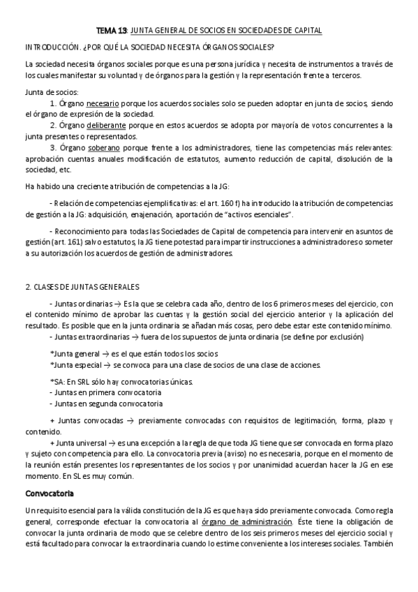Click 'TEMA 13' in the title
(110, 31)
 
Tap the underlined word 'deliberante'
(107, 125)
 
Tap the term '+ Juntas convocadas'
(84, 420)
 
